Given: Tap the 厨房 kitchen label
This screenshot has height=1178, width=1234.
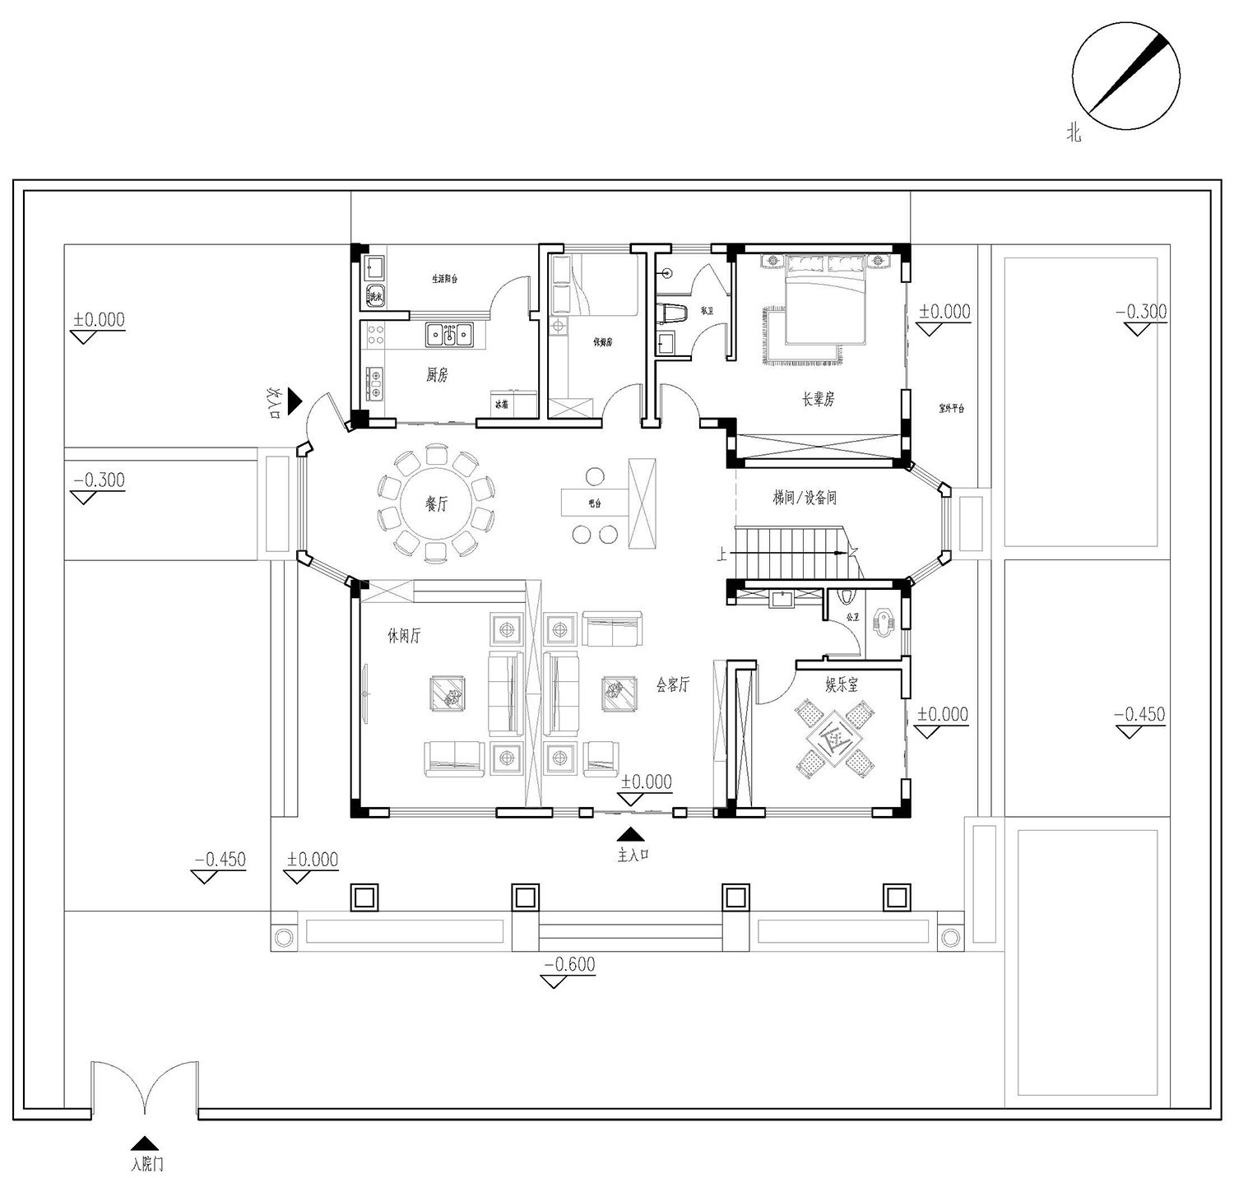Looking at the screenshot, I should point(437,376).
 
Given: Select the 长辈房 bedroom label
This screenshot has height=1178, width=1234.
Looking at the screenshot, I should point(818,400).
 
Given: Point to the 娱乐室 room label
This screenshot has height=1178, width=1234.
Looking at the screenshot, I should point(842,684).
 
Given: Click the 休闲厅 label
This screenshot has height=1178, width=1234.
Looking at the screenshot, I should point(404,636).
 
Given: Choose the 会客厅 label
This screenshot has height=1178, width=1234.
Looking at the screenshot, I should point(672,684).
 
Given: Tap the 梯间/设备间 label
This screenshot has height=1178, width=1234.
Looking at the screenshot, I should point(804,498).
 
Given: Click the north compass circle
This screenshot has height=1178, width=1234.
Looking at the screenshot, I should point(1125,76).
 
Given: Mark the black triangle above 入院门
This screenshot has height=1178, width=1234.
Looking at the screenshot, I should point(145,1143).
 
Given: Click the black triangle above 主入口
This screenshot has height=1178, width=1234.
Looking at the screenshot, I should point(631,834).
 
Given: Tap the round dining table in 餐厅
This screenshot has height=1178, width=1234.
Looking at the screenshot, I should point(436,503).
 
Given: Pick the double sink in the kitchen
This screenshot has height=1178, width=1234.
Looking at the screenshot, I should point(448,335).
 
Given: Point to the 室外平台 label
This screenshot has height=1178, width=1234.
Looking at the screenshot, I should point(951,409).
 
